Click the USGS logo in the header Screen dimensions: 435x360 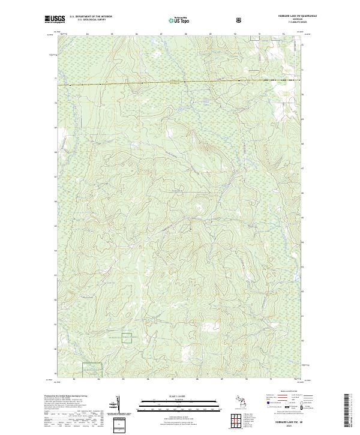(55, 20)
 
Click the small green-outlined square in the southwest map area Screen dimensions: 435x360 (127, 338)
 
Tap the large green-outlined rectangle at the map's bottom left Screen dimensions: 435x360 (92, 370)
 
